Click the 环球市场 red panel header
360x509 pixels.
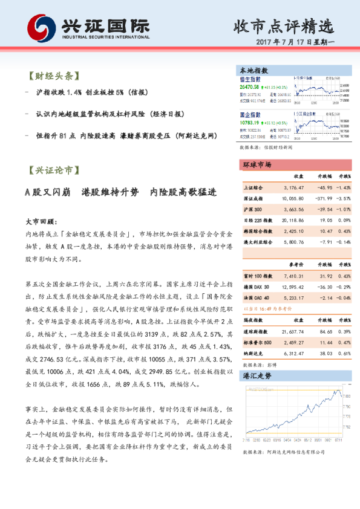coord(258,164)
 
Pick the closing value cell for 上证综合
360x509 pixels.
coord(293,188)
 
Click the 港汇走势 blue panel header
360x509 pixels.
coord(258,376)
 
